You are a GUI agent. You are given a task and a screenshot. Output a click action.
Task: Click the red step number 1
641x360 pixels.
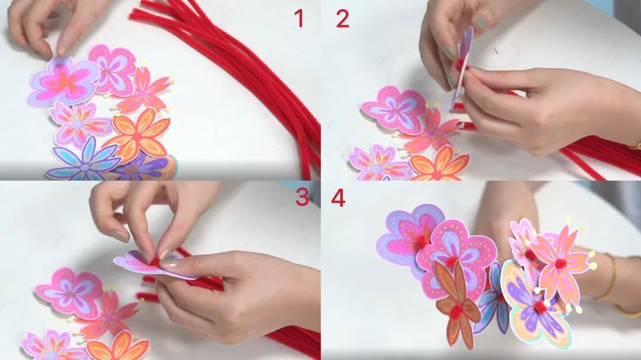[299, 19]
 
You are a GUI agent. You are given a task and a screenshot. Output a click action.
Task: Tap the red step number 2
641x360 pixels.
[342, 19]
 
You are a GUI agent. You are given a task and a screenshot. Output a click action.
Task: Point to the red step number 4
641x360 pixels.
[338, 197]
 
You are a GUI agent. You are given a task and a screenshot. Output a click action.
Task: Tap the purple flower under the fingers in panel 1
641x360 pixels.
[64, 82]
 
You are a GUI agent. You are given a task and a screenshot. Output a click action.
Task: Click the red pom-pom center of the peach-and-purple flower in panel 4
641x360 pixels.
[540, 307]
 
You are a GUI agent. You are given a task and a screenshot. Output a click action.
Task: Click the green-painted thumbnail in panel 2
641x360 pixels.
[481, 23]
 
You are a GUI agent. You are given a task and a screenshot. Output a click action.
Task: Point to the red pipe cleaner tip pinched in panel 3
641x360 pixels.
[155, 261]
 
